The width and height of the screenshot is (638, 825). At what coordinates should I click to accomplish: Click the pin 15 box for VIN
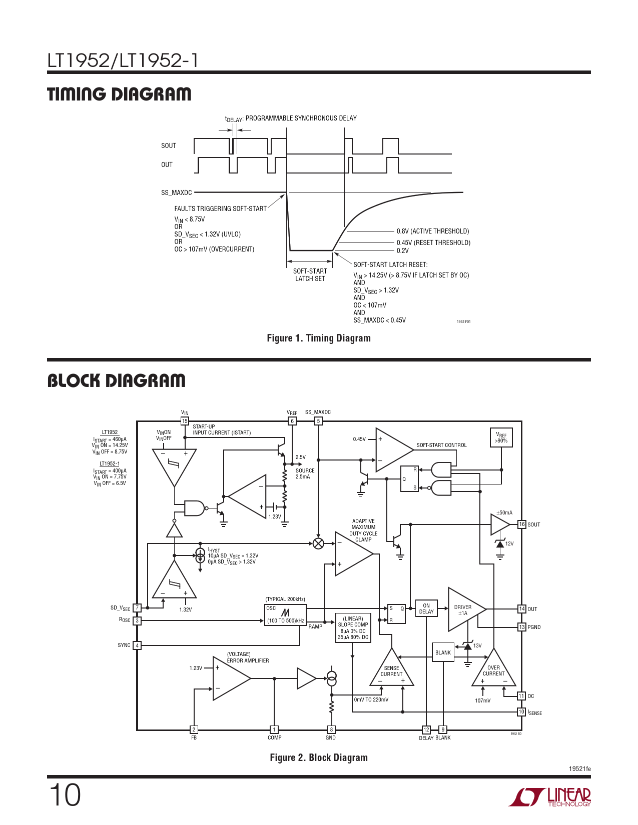(185, 421)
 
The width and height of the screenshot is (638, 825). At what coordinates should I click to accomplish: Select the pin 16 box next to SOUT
(522, 524)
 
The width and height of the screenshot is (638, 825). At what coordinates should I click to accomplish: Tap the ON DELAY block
(426, 608)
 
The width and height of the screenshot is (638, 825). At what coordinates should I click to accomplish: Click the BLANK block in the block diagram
(443, 652)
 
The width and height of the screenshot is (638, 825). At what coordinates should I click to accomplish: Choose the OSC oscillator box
(285, 614)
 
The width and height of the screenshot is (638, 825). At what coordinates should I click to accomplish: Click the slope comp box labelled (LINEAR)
(353, 628)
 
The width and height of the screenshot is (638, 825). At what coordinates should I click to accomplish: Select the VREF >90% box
(501, 437)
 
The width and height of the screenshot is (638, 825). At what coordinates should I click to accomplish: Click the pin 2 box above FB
(194, 729)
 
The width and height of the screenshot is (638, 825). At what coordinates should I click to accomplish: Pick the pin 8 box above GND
(331, 729)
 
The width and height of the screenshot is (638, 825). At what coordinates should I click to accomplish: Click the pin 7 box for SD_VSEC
(137, 608)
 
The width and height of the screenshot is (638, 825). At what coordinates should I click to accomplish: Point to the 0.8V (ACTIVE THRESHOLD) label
(433, 231)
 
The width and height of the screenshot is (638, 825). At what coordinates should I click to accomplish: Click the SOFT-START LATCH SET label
(310, 275)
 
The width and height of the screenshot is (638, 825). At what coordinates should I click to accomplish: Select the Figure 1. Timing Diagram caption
(319, 338)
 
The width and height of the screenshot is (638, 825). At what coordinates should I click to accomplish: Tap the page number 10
(65, 795)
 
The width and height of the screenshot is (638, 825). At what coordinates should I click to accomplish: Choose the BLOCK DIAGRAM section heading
(116, 381)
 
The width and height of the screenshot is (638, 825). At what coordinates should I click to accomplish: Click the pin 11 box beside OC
(521, 696)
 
